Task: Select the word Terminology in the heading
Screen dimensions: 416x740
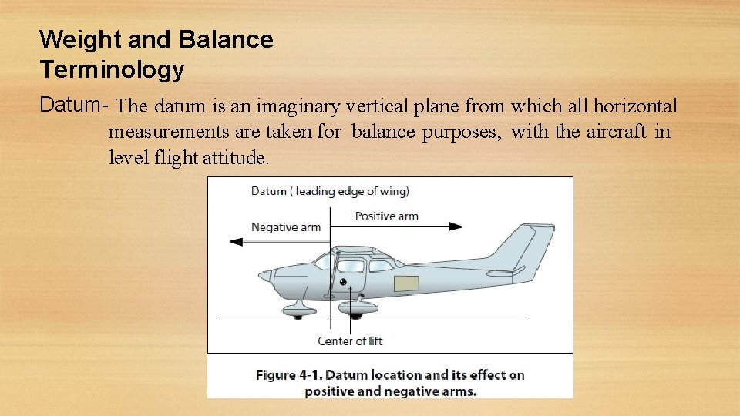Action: click(112, 70)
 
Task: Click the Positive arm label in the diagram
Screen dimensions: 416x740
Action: click(386, 216)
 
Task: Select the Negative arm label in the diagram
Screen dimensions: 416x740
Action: click(286, 227)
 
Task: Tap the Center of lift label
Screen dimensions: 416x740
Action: click(350, 341)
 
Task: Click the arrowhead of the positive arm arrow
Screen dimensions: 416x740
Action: click(456, 226)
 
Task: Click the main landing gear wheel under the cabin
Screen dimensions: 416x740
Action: click(355, 314)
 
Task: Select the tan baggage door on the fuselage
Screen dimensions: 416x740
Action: click(406, 284)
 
